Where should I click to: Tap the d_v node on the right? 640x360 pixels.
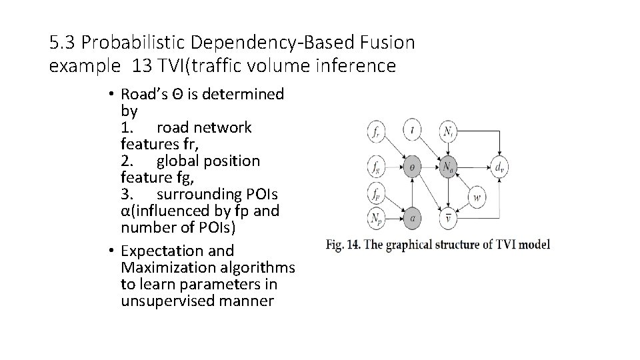499,167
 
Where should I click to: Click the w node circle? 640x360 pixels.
477,197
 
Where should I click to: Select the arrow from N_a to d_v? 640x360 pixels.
474,167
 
